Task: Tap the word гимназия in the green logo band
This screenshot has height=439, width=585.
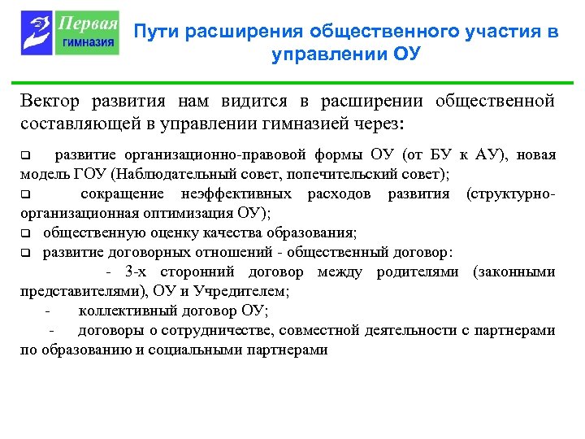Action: [x=89, y=42]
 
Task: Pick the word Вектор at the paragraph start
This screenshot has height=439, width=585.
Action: [x=50, y=102]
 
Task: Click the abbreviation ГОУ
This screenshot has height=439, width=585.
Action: [x=88, y=174]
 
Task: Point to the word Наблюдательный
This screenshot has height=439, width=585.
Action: [x=167, y=174]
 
